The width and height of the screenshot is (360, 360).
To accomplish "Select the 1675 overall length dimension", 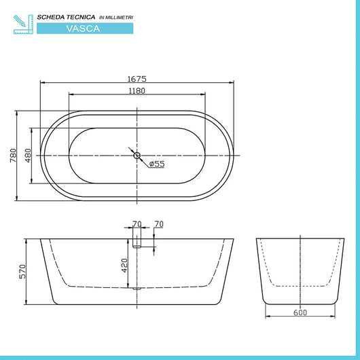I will click(x=137, y=79).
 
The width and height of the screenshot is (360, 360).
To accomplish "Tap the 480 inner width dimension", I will click(x=28, y=155).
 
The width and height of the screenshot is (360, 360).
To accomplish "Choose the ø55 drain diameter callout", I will click(x=156, y=164).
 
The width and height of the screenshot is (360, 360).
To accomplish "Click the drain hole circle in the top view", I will click(x=137, y=156).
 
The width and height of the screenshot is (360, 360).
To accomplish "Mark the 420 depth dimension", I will click(x=125, y=264).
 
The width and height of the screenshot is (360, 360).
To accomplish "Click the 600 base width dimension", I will click(x=300, y=312).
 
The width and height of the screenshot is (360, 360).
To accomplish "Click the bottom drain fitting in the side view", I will click(x=138, y=288).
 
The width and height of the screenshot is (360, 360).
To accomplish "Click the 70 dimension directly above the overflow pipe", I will click(x=137, y=224).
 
